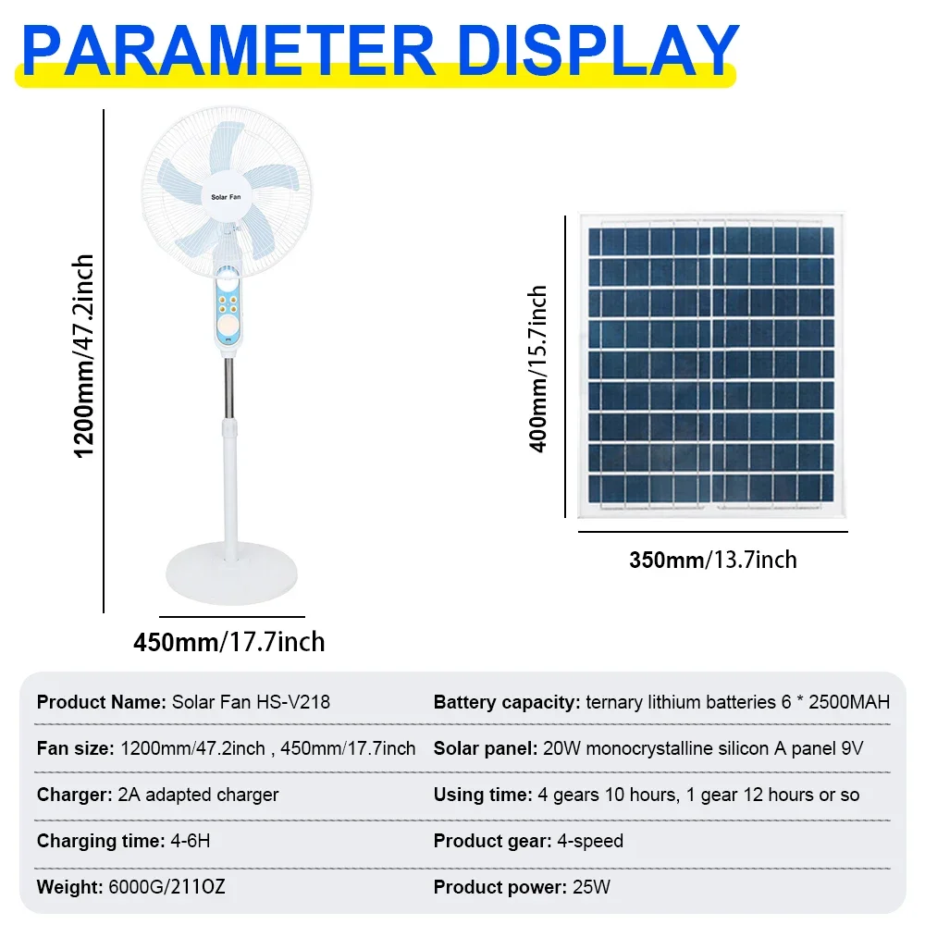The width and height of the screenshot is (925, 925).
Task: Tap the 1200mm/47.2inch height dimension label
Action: coord(85,355)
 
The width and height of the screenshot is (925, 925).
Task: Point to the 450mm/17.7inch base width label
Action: coord(229,641)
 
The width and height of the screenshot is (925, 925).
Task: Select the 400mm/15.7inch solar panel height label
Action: coord(538,368)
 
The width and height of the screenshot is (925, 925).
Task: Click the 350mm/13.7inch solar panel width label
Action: coord(712,560)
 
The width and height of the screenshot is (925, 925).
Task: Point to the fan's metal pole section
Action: coord(228,388)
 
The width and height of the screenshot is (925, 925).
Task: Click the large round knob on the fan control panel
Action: coord(226,329)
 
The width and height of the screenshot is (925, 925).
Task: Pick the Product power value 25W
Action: coord(592,887)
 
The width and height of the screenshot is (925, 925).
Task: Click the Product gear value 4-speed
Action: coord(589,841)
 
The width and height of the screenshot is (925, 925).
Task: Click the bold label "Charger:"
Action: coord(73,795)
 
